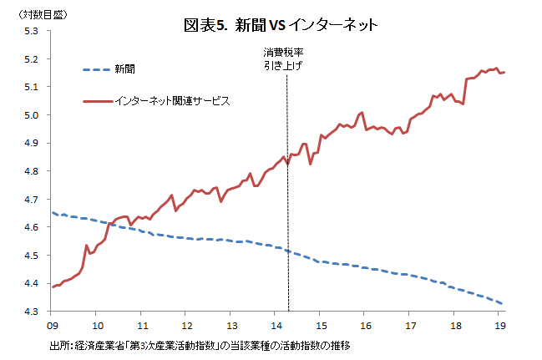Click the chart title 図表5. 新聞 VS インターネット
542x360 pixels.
point(281,27)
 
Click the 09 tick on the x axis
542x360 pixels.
point(52,326)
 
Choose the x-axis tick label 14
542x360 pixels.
point(276,326)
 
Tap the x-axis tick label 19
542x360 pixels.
point(499,326)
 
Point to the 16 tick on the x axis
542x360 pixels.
point(365,326)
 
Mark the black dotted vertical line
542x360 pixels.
point(287,209)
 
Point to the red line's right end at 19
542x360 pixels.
point(504,73)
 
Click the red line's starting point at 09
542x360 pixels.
point(53,286)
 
